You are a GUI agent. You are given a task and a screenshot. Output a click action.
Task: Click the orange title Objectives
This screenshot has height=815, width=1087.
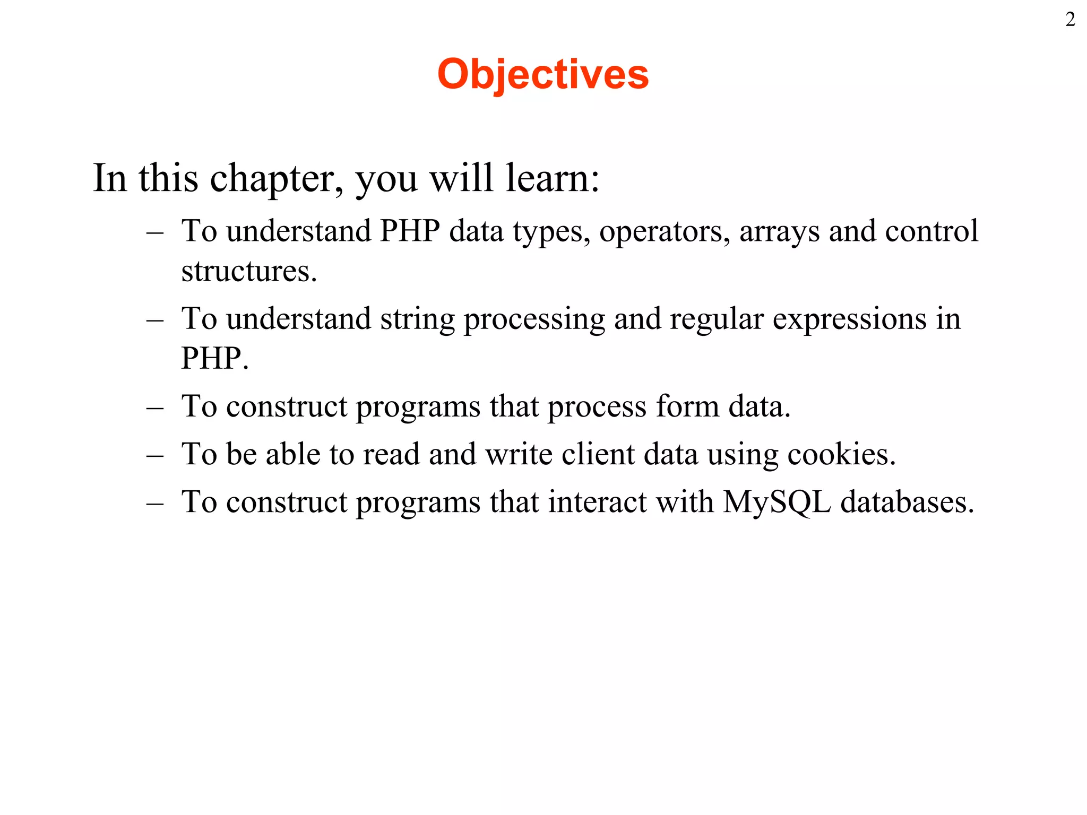(543, 74)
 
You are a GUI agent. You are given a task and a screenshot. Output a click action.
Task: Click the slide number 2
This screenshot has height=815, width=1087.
(1070, 20)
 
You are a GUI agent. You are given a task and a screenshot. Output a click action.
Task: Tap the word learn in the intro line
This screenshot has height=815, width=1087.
(552, 178)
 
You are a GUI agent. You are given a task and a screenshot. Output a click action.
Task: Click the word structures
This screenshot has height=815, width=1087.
(248, 271)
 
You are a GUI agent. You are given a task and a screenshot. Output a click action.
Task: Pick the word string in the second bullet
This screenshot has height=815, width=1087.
(417, 319)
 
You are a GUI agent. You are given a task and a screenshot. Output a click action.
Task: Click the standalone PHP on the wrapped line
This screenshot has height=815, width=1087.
(213, 359)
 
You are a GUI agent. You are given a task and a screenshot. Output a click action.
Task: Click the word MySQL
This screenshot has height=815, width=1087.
(777, 502)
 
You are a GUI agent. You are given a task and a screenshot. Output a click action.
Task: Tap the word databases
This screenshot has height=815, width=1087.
(907, 502)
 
